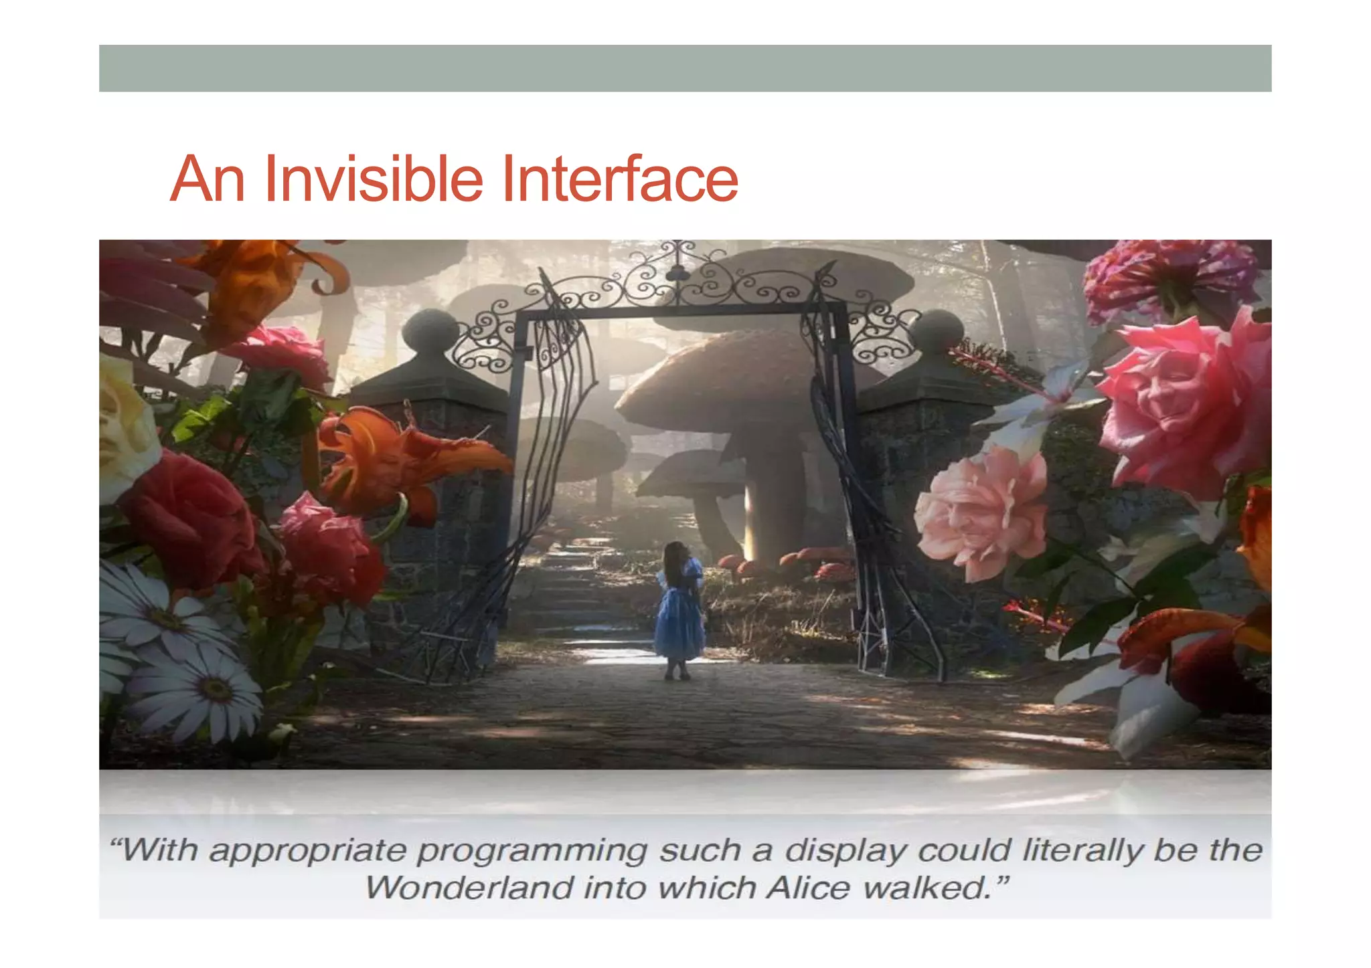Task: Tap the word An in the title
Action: pyautogui.click(x=208, y=179)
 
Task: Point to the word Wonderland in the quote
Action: pyautogui.click(x=469, y=888)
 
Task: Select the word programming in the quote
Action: pyautogui.click(x=532, y=852)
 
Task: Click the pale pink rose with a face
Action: pyautogui.click(x=981, y=512)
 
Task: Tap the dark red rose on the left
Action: pyautogui.click(x=191, y=518)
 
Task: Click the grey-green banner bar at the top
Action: pyautogui.click(x=685, y=68)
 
